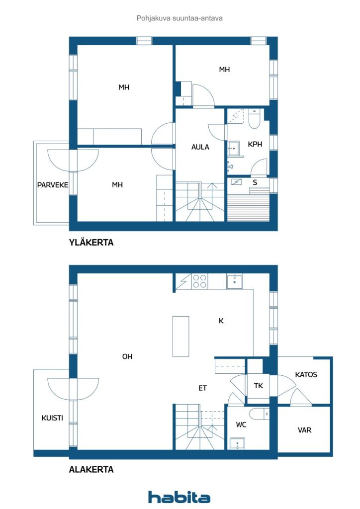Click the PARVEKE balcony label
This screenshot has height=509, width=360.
pyautogui.click(x=53, y=185)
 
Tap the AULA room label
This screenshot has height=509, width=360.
pyautogui.click(x=200, y=147)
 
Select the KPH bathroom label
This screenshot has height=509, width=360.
pyautogui.click(x=255, y=144)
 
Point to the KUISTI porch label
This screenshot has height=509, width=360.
pyautogui.click(x=52, y=418)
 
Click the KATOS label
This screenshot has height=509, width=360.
pyautogui.click(x=306, y=375)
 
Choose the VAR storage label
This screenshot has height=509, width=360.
pyautogui.click(x=304, y=430)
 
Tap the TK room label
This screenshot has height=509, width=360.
pyautogui.click(x=259, y=386)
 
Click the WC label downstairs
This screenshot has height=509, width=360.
pyautogui.click(x=241, y=424)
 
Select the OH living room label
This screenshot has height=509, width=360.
pyautogui.click(x=127, y=356)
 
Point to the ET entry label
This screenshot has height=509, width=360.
pyautogui.click(x=202, y=388)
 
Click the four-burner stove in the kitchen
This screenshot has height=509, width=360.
pyautogui.click(x=199, y=281)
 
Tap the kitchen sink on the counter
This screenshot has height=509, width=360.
pyautogui.click(x=234, y=281)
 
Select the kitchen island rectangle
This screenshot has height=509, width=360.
pyautogui.click(x=181, y=337)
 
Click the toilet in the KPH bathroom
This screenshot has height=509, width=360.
pyautogui.click(x=254, y=119)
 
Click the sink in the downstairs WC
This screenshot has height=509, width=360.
pyautogui.click(x=237, y=443)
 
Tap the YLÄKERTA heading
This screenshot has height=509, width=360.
pyautogui.click(x=91, y=243)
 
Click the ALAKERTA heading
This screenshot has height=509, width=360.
pyautogui.click(x=91, y=469)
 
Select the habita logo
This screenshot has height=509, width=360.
pyautogui.click(x=179, y=497)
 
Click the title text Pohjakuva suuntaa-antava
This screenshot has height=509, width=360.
pyautogui.click(x=180, y=18)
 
